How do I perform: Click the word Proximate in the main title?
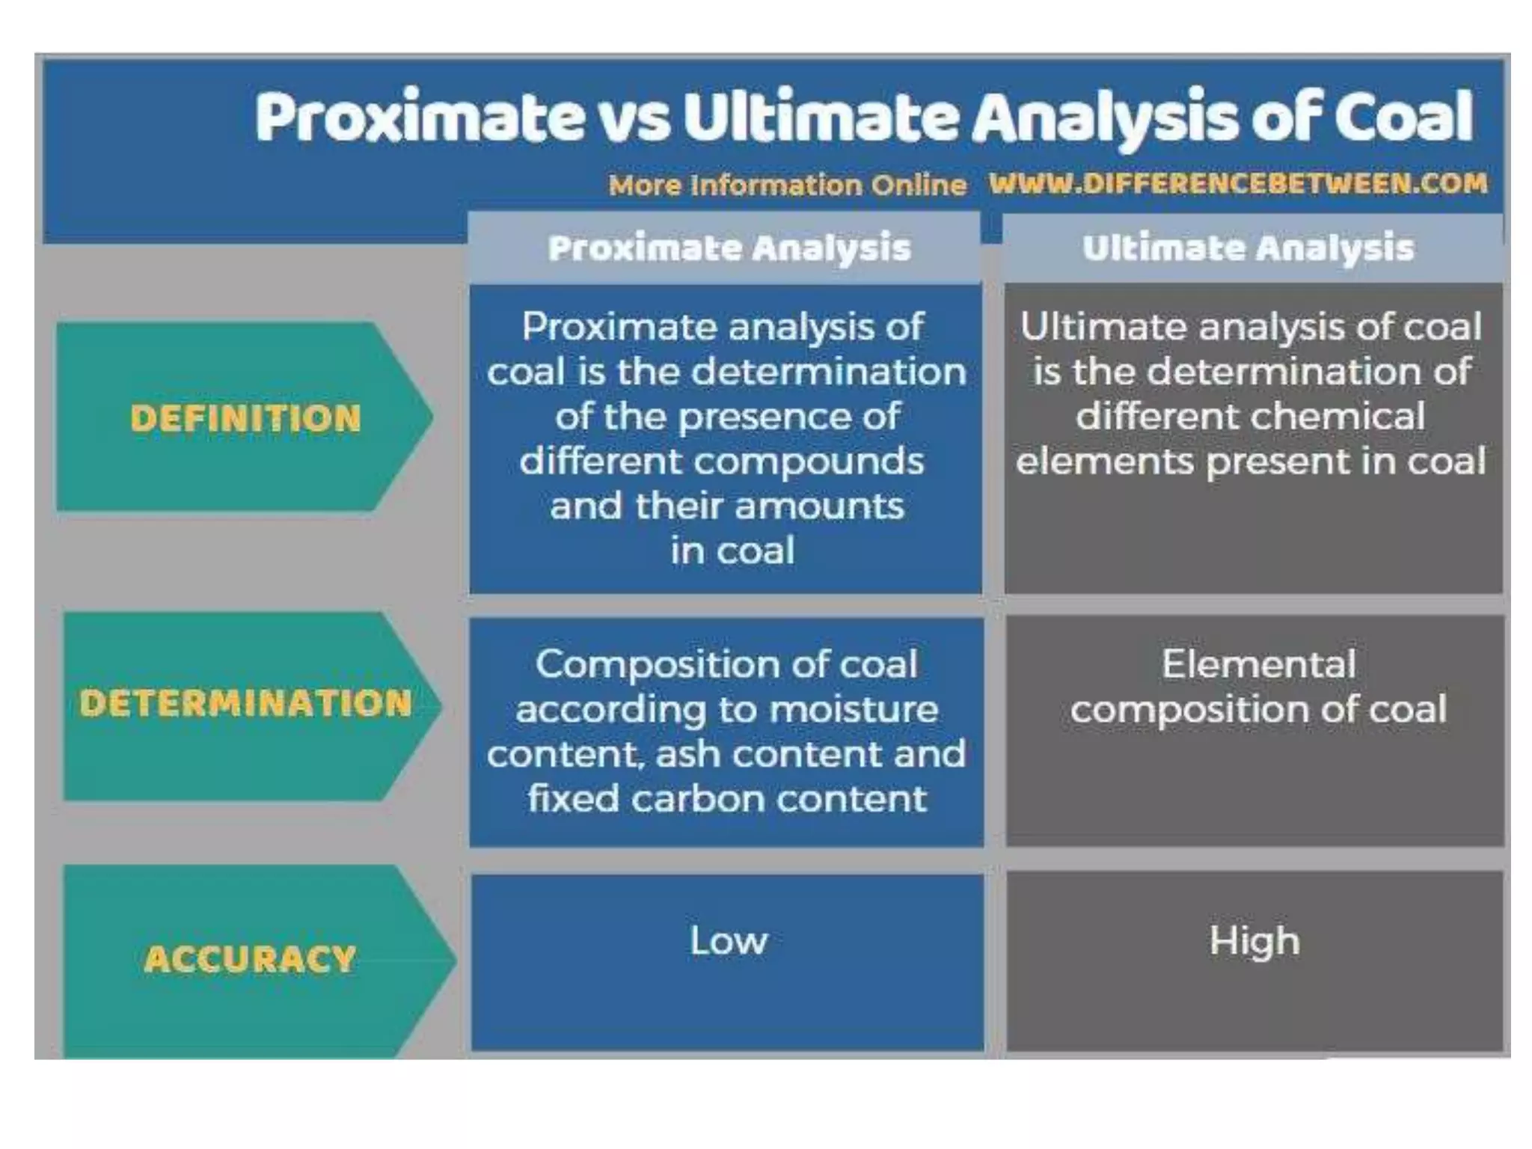tap(419, 117)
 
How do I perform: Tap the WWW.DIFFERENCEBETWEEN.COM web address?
tap(1237, 183)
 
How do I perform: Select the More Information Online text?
tap(787, 185)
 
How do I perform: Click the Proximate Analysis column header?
tap(729, 248)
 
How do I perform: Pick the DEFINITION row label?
tap(245, 418)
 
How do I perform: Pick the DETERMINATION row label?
tap(245, 703)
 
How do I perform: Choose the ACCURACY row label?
tap(250, 959)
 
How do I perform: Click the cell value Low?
tap(729, 940)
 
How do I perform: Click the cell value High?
tap(1254, 941)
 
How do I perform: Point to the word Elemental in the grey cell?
tap(1258, 664)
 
